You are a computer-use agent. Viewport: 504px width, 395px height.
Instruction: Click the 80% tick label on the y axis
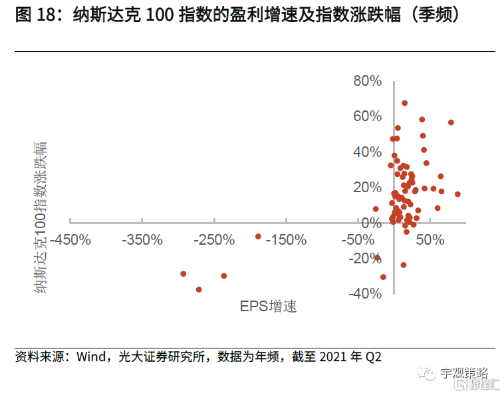click(x=367, y=81)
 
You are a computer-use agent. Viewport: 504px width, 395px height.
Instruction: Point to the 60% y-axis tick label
click(x=367, y=116)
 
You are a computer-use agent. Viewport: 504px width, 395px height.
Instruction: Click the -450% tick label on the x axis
click(x=70, y=239)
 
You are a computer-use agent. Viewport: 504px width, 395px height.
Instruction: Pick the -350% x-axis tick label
click(x=143, y=239)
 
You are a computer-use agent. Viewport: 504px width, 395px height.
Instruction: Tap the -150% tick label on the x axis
click(x=287, y=239)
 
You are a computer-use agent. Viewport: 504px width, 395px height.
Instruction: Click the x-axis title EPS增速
click(x=269, y=306)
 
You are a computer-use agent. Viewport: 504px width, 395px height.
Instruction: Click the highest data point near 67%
click(x=404, y=103)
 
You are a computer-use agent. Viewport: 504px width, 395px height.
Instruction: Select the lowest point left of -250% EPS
click(x=199, y=290)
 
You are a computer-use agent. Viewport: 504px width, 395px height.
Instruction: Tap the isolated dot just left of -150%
click(x=258, y=236)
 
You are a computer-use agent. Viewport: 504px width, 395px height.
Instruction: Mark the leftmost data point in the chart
click(x=184, y=274)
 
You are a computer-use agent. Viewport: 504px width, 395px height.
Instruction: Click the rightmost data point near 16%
click(x=457, y=194)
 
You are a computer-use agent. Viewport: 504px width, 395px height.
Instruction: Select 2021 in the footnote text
click(x=334, y=357)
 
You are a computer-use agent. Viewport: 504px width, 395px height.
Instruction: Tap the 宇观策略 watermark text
click(x=463, y=373)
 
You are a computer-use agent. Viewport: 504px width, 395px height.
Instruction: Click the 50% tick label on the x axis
click(x=429, y=239)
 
